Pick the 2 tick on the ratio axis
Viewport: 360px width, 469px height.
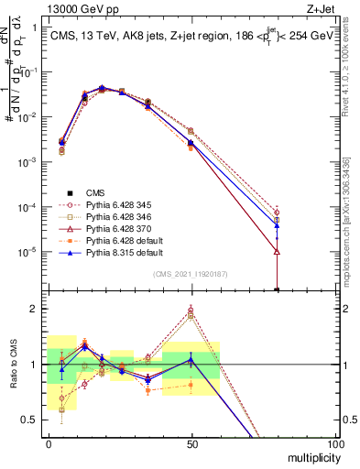pos(35,309)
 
